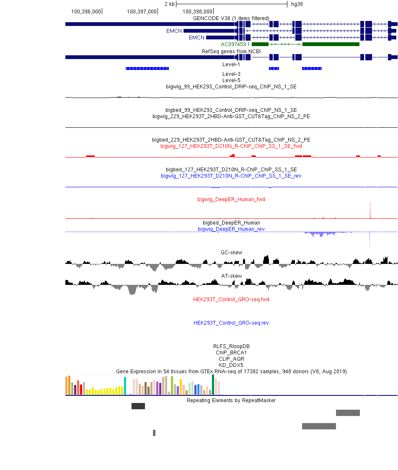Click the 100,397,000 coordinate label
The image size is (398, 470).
click(x=142, y=12)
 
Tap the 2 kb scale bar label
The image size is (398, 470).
click(x=169, y=4)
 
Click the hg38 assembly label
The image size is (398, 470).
click(x=297, y=4)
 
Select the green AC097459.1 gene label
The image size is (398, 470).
click(x=235, y=44)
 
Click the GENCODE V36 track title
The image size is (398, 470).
click(x=231, y=18)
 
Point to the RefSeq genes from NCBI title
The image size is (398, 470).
click(x=231, y=52)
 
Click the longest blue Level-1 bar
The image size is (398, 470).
click(x=147, y=69)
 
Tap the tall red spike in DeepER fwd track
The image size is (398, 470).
click(x=370, y=210)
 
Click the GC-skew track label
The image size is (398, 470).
click(x=231, y=253)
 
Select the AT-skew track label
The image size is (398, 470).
click(x=231, y=276)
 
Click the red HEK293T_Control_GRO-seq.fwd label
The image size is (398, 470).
click(x=231, y=300)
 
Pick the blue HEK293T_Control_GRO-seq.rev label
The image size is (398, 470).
click(x=231, y=323)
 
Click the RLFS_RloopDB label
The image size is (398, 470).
click(x=231, y=346)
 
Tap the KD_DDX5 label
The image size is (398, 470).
click(x=231, y=365)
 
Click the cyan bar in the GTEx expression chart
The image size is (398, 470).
click(x=125, y=386)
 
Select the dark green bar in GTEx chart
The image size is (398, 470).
click(x=213, y=385)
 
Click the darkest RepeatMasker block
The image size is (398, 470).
click(x=138, y=406)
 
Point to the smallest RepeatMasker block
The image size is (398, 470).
click(x=154, y=433)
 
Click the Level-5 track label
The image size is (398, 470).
click(x=231, y=80)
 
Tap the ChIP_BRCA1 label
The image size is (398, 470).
click(x=231, y=353)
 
